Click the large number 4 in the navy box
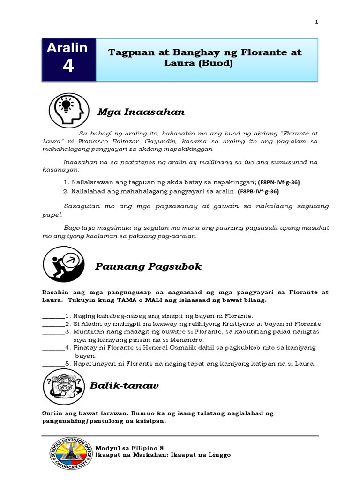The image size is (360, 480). [x=68, y=67]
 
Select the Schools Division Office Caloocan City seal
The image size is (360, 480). [x=67, y=455]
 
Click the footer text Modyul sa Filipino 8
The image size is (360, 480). [x=129, y=448]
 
